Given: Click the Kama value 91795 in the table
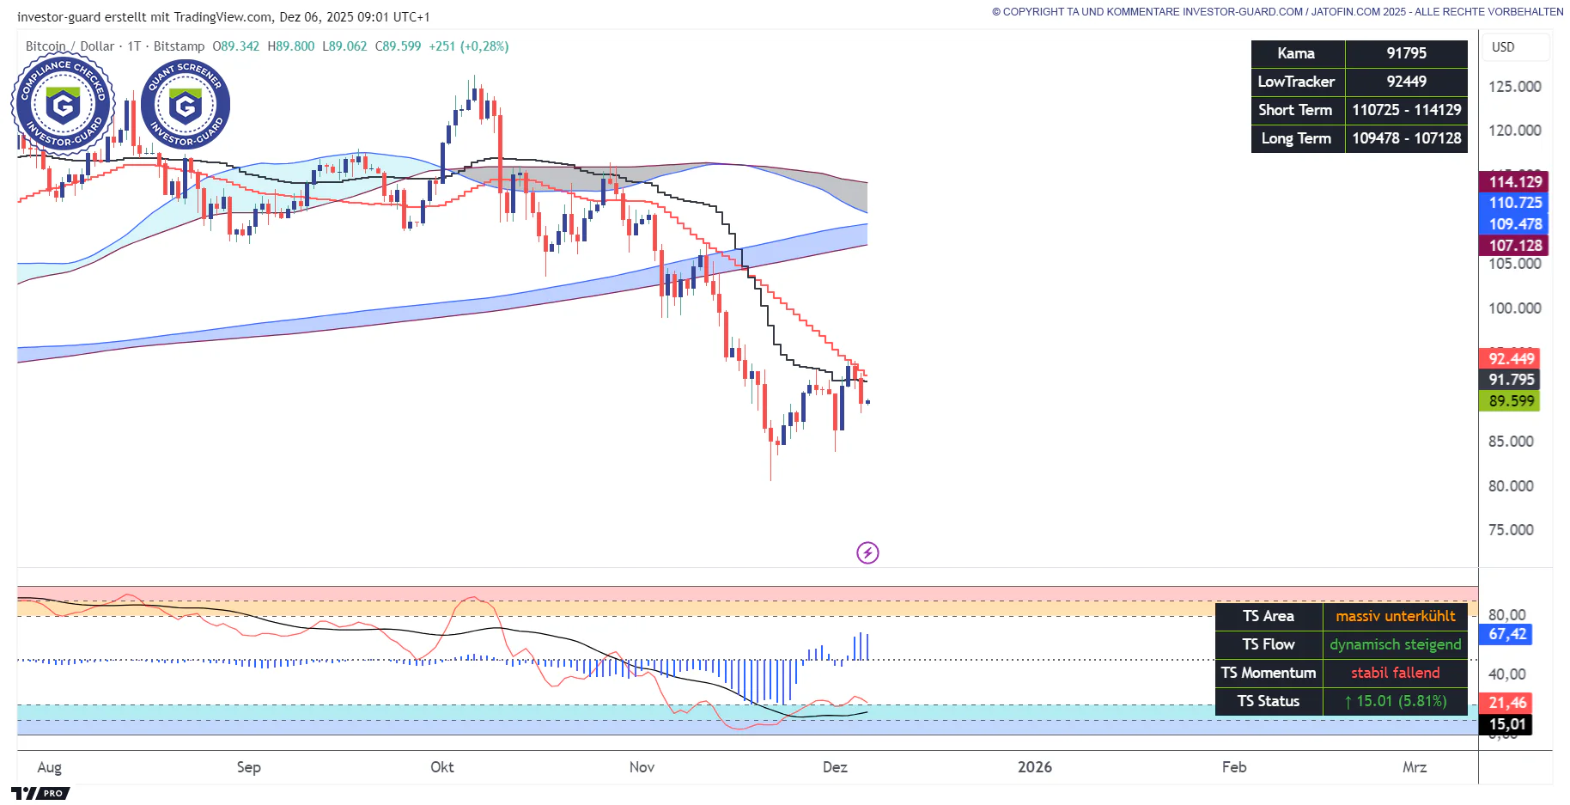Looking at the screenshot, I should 1406,53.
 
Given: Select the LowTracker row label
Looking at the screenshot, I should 1296,82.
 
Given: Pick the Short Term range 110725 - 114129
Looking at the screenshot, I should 1406,110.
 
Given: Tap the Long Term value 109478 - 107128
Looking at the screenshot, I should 1406,138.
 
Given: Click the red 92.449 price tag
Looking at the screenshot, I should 1511,359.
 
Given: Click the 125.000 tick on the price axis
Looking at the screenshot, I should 1514,87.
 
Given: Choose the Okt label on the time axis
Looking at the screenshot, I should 441,767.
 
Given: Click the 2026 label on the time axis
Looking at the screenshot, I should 1034,767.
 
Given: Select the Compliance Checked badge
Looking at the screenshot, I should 63,105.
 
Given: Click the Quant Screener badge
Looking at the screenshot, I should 186,105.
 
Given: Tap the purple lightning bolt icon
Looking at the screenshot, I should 867,552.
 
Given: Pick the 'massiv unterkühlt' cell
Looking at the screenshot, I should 1395,616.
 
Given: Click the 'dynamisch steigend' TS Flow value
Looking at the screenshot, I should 1395,644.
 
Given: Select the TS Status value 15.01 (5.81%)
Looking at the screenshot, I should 1395,701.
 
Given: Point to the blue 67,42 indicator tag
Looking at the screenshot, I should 1507,634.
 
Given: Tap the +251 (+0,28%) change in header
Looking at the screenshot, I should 469,46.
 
